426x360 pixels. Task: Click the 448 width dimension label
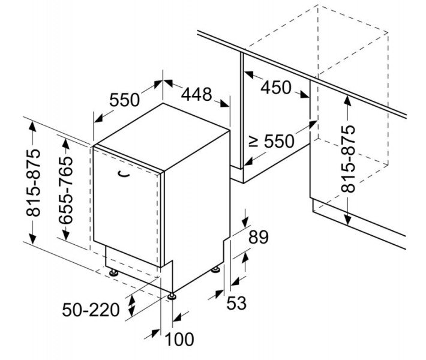196,94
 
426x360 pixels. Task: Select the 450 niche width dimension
276,88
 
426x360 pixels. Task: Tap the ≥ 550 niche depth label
272,142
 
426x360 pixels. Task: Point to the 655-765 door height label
66,190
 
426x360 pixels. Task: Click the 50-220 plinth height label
91,310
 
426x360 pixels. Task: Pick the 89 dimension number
259,237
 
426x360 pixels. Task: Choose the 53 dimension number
236,303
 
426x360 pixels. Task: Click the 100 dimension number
179,339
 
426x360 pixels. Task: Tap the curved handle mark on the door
123,174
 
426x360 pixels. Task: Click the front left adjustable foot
113,272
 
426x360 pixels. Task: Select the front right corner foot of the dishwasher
172,296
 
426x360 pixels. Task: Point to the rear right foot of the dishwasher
216,270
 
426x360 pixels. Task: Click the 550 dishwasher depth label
124,100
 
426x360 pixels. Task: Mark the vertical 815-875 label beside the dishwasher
34,182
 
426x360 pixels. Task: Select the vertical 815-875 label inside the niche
348,159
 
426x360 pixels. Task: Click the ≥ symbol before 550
253,142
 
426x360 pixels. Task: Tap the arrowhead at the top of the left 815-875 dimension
32,127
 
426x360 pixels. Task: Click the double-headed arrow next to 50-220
132,305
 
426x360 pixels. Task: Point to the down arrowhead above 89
246,222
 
